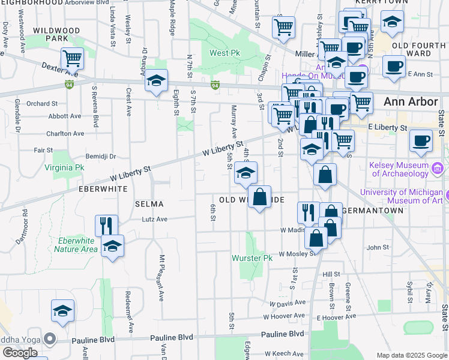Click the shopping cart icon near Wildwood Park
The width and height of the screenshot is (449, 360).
(x=72, y=58)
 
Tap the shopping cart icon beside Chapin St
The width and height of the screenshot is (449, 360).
(x=283, y=26)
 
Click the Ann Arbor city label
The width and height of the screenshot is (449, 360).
(x=411, y=101)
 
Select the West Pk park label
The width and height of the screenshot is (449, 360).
(x=224, y=53)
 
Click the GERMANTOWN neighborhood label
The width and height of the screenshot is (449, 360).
(x=372, y=211)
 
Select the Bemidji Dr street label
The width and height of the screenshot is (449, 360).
(x=100, y=156)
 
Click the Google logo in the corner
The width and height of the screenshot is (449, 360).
(x=19, y=353)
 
